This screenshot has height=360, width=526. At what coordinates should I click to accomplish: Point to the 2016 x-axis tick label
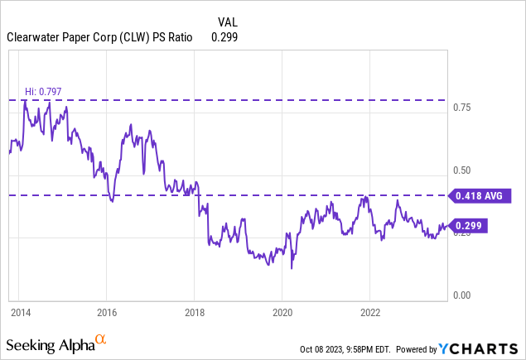(107, 313)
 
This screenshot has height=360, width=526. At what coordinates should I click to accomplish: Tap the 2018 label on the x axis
(194, 313)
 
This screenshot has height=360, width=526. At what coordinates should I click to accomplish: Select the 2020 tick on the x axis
(282, 313)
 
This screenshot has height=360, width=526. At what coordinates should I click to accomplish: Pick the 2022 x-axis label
(369, 313)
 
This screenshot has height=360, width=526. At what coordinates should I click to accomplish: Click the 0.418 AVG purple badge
(480, 196)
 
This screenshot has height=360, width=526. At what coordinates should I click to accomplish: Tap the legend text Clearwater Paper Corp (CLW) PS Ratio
(104, 37)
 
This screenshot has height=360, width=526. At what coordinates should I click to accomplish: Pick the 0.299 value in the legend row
(225, 37)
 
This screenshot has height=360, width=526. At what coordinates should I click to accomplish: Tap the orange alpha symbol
(100, 339)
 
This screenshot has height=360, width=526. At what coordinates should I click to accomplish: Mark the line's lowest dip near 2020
(292, 268)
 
